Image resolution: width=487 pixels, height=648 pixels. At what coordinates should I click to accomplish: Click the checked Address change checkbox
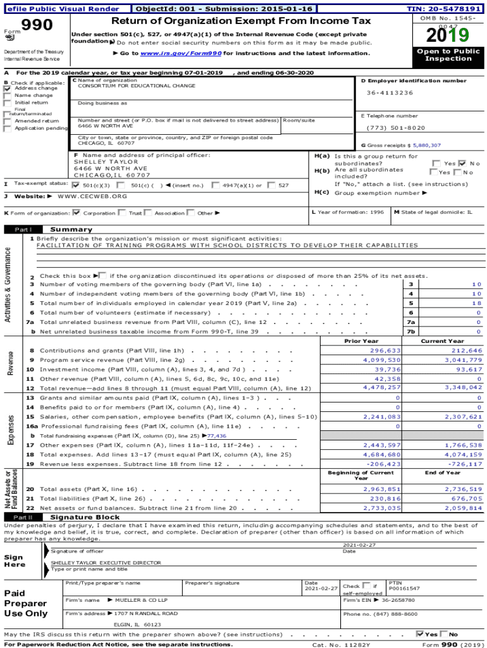click(8, 89)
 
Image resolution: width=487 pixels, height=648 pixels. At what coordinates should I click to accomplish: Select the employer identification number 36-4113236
click(390, 93)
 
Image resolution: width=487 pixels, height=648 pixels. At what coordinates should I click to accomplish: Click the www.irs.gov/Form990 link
click(180, 54)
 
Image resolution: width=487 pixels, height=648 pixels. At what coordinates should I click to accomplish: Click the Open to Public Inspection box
click(448, 55)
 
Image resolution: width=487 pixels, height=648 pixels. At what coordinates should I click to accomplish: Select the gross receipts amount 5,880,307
click(427, 146)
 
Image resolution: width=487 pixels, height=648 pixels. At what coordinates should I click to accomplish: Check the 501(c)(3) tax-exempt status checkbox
click(76, 185)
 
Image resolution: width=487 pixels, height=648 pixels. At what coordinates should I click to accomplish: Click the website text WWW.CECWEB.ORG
click(92, 196)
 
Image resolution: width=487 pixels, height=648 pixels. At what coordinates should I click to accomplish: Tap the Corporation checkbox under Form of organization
click(77, 213)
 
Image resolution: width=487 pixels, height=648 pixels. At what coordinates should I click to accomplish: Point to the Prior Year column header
click(361, 341)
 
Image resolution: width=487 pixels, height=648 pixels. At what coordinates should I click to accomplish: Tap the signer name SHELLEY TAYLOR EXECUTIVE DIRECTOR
click(106, 563)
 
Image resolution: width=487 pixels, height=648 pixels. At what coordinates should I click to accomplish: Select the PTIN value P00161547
click(404, 589)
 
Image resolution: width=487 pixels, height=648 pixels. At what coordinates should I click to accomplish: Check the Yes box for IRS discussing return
click(420, 634)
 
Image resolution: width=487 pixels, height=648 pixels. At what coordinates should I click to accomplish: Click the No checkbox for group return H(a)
click(462, 163)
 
